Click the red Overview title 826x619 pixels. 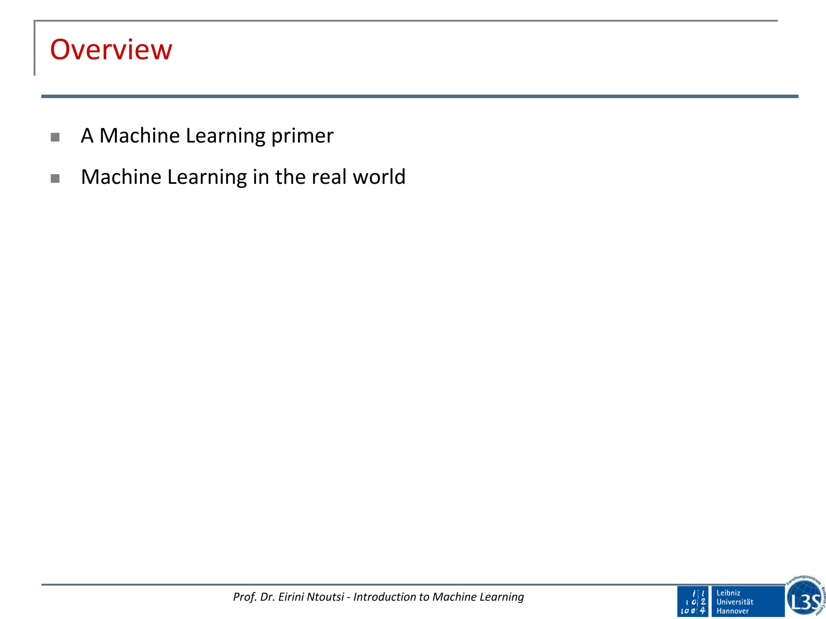111,50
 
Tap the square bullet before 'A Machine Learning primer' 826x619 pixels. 55,137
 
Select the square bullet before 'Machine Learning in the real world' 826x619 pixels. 55,178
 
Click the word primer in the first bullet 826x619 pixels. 302,136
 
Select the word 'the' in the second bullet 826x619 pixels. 290,177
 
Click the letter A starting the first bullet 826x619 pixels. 87,136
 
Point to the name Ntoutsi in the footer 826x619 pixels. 325,597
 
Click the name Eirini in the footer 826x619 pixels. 292,597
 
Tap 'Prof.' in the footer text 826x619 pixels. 245,597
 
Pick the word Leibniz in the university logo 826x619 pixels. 728,593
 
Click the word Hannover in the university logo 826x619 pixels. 732,611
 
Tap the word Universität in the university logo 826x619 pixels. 735,602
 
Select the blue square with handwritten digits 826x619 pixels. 693,601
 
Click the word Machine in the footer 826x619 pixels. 454,597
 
